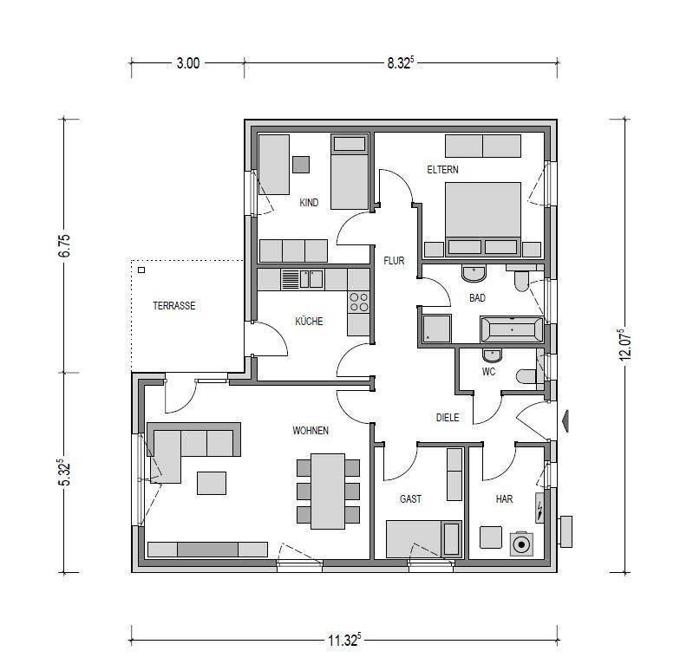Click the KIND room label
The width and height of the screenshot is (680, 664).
click(x=309, y=203)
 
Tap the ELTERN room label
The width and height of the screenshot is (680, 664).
click(x=442, y=170)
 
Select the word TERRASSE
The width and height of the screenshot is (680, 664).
click(x=173, y=305)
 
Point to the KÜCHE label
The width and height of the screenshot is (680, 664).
click(x=309, y=321)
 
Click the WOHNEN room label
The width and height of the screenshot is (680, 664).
click(x=311, y=430)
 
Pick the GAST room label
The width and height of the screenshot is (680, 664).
click(x=410, y=499)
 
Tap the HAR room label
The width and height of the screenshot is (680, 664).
click(x=504, y=499)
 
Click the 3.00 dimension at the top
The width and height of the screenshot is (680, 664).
click(x=187, y=63)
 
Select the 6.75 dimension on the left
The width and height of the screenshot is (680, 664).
click(x=64, y=246)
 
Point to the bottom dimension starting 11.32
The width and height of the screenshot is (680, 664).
click(x=344, y=640)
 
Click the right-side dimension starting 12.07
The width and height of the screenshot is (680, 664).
click(x=624, y=345)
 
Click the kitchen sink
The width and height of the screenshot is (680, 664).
click(x=302, y=279)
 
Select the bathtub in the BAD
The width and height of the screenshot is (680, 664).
click(x=512, y=329)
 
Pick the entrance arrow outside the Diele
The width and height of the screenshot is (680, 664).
click(x=566, y=420)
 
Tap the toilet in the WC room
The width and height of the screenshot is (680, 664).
click(x=526, y=376)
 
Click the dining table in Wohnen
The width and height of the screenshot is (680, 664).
click(x=328, y=491)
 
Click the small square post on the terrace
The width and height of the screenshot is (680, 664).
click(x=141, y=270)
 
